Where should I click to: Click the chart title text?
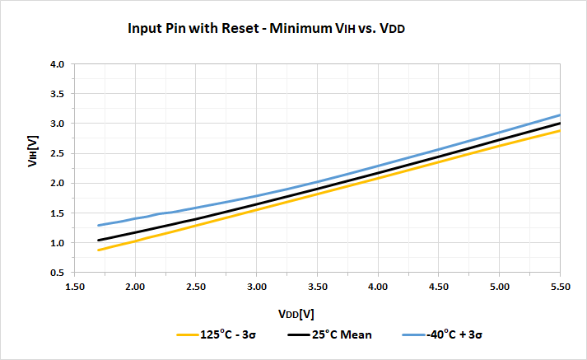(268, 28)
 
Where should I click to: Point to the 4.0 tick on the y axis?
(57, 64)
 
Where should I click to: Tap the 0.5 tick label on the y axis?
(57, 273)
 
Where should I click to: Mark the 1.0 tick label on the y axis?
(57, 243)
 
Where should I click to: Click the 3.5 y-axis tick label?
(57, 94)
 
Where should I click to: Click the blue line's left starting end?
(99, 225)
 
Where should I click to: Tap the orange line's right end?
(559, 130)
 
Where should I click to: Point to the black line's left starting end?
(99, 241)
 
